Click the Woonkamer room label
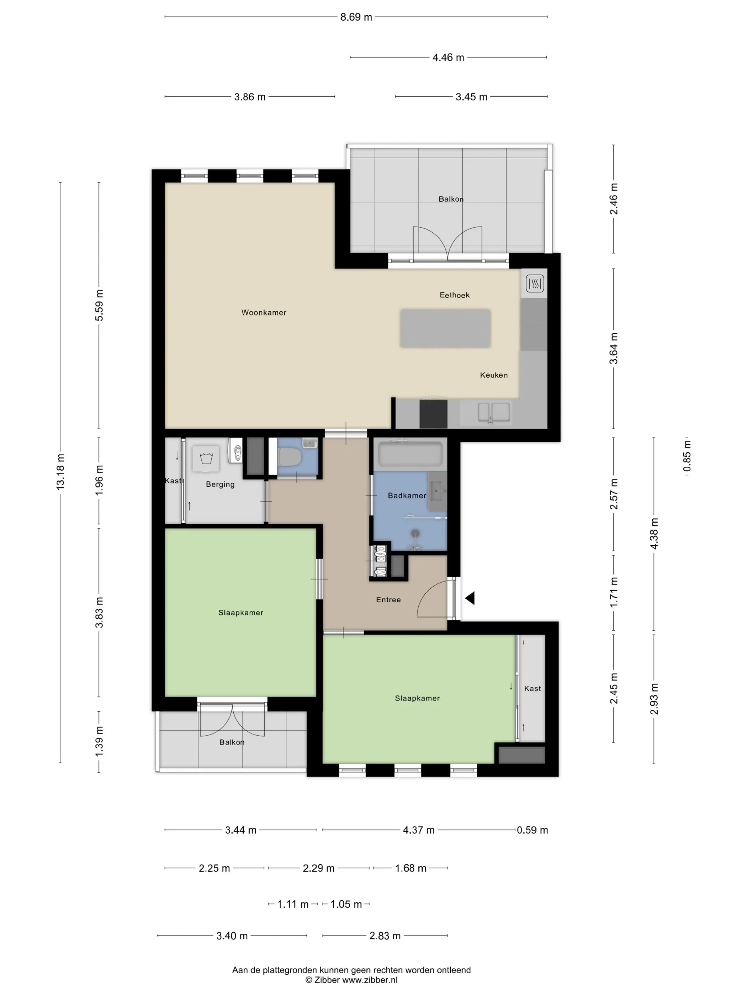pyautogui.click(x=264, y=312)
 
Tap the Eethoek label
pyautogui.click(x=454, y=295)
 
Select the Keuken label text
pyautogui.click(x=493, y=375)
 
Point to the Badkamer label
pyautogui.click(x=407, y=495)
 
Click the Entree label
pyautogui.click(x=388, y=599)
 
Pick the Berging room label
pyautogui.click(x=220, y=484)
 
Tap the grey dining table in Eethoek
pyautogui.click(x=445, y=328)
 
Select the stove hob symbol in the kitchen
pyautogui.click(x=535, y=283)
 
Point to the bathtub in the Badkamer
pyautogui.click(x=410, y=454)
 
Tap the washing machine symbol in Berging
pyautogui.click(x=206, y=459)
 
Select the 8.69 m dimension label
pyautogui.click(x=356, y=17)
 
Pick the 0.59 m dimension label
pyautogui.click(x=532, y=830)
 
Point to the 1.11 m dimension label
pyautogui.click(x=293, y=904)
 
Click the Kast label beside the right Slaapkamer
pyautogui.click(x=532, y=688)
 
